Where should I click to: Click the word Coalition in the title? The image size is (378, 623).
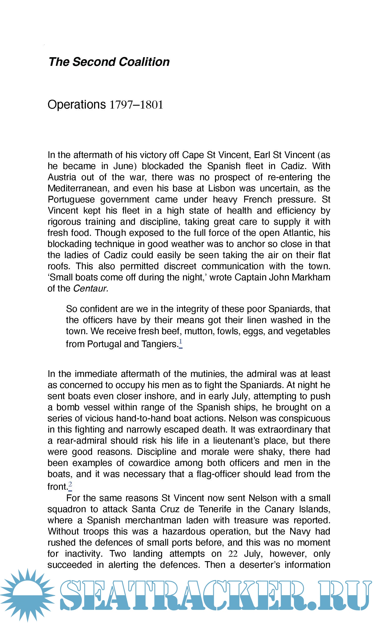click(x=144, y=62)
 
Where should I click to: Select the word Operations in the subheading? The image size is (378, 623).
click(x=76, y=104)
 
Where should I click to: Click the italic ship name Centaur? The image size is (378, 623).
click(x=90, y=289)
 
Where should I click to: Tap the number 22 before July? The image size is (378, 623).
click(x=233, y=554)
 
